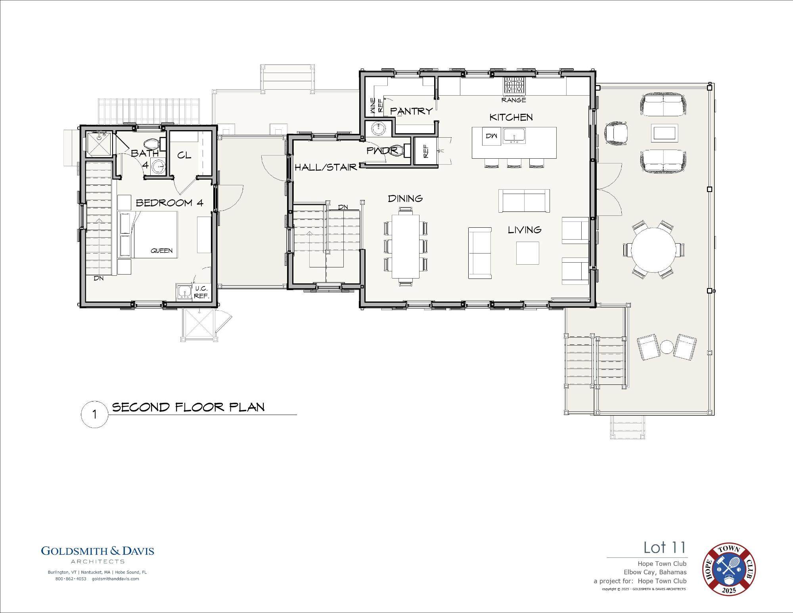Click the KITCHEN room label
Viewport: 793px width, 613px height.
point(511,117)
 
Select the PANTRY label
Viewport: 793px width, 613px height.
point(411,111)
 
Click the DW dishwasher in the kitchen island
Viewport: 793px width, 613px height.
point(491,136)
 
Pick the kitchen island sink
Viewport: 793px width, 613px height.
point(514,136)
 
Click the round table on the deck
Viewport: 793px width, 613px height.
point(653,250)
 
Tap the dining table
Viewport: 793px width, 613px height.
point(406,246)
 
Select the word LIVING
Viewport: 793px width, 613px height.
point(525,230)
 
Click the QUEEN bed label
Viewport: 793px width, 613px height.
point(161,250)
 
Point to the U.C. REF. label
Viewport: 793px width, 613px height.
point(201,292)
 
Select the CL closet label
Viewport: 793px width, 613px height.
point(184,155)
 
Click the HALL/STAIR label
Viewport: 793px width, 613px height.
point(326,167)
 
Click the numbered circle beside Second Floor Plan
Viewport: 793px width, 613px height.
point(94,414)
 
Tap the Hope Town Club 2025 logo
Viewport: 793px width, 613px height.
point(729,569)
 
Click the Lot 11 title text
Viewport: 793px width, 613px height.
point(665,548)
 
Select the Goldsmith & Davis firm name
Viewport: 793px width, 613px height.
point(98,551)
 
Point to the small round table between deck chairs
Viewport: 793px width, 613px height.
point(667,347)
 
